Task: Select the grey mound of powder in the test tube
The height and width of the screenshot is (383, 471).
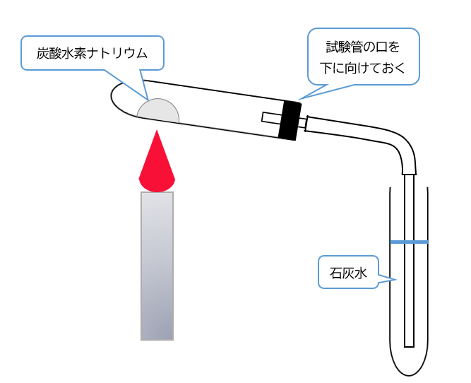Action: tap(158, 112)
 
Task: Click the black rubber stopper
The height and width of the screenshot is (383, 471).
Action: tap(289, 119)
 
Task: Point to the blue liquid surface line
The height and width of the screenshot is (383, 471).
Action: tap(410, 242)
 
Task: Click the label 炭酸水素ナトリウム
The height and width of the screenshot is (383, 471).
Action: tap(92, 53)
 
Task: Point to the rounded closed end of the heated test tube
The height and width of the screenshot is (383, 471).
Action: tap(117, 98)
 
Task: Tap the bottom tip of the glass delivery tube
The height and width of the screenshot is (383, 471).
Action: tap(410, 344)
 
